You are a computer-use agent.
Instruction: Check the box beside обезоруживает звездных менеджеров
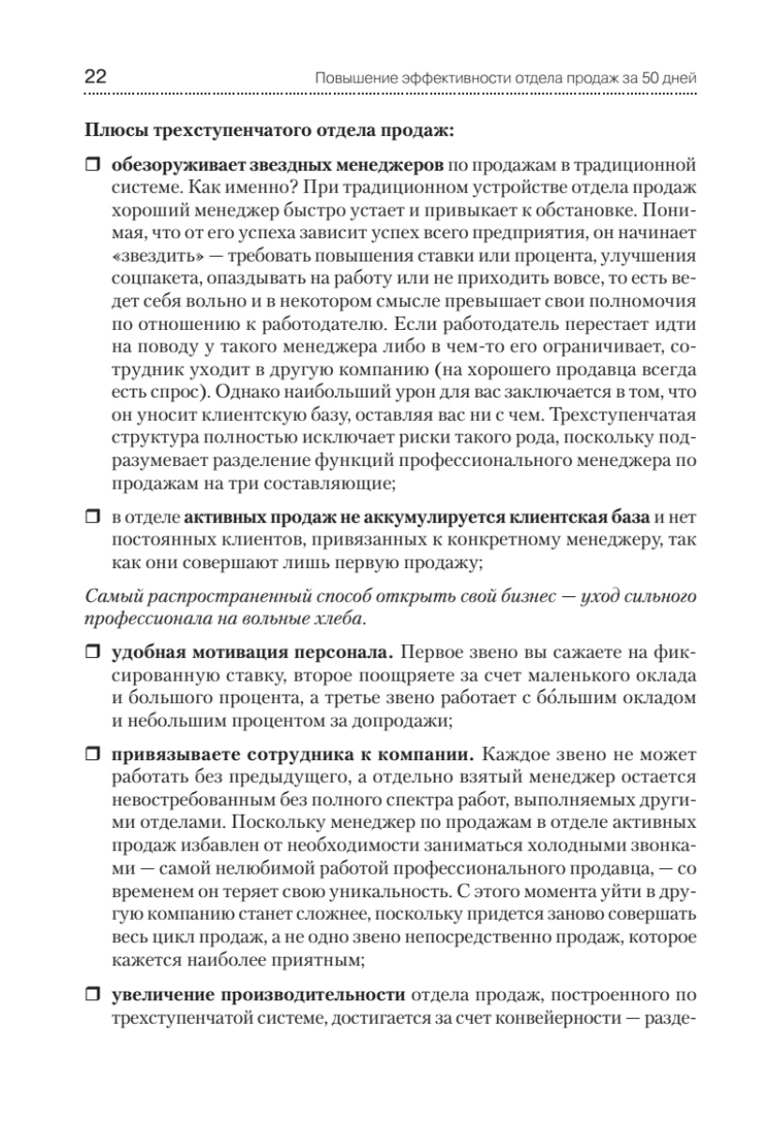click(91, 166)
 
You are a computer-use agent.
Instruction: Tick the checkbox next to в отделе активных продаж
click(91, 516)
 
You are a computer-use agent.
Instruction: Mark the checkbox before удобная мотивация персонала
click(91, 650)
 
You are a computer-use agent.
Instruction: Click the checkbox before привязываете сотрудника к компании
click(91, 754)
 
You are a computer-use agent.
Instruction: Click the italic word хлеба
click(338, 620)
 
